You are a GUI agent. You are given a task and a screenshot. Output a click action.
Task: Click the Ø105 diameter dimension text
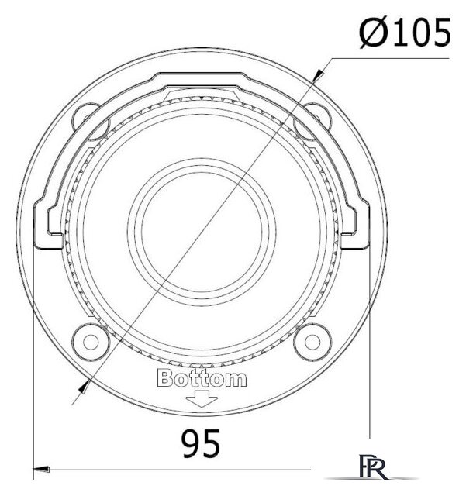405,33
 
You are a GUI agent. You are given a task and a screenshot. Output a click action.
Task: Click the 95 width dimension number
201,443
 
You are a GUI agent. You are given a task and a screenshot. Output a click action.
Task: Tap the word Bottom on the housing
202,378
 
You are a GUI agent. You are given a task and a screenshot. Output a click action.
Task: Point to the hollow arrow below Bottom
202,398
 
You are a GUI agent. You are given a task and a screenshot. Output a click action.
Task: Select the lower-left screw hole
91,342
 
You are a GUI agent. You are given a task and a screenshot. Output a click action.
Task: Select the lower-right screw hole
312,342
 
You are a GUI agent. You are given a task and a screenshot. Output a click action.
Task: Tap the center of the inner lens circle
202,232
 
